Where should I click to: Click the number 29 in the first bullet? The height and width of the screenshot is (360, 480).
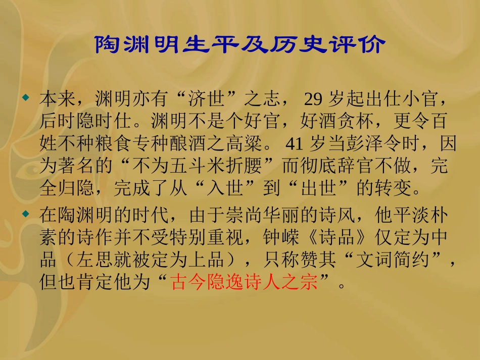(x=313, y=99)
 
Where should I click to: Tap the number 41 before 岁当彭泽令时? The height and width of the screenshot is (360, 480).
(x=295, y=144)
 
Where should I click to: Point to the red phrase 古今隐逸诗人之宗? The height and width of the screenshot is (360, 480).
(x=245, y=282)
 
